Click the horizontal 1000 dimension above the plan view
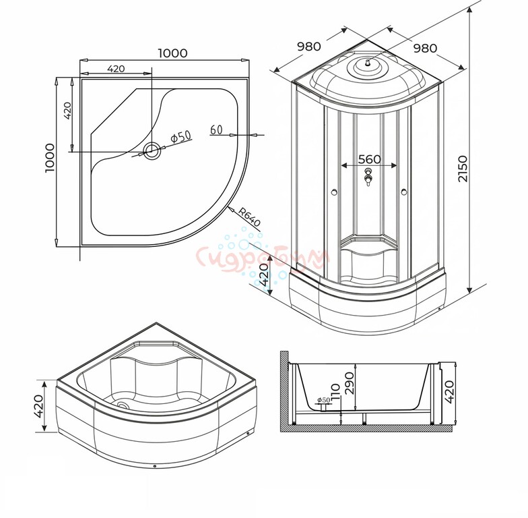tap(172, 53)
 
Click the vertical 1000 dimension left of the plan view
tap(50, 158)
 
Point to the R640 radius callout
tap(249, 217)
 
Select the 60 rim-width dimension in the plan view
tap(217, 129)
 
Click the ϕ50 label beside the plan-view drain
tap(181, 137)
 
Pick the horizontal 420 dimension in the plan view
tap(116, 69)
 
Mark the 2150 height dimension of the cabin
tap(463, 169)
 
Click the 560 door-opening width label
tap(369, 159)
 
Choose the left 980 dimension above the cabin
tap(308, 46)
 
